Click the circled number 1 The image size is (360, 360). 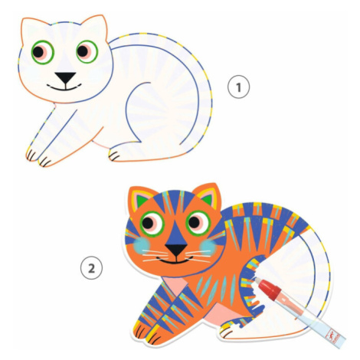[x=238, y=87]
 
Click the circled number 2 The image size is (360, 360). [x=91, y=269]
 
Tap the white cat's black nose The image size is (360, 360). [x=65, y=77]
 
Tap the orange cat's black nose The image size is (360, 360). [x=176, y=249]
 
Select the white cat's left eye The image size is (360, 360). [x=42, y=52]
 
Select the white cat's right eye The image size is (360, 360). [x=87, y=51]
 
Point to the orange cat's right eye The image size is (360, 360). [x=198, y=223]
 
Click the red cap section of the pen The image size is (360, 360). [x=270, y=290]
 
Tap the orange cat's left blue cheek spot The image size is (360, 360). [x=142, y=245]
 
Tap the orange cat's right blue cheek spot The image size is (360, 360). [x=208, y=247]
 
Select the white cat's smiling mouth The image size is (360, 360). [x=64, y=87]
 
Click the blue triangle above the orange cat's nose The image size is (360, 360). [x=176, y=234]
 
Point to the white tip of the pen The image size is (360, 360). [x=257, y=280]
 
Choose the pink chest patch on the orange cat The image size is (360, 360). [x=176, y=285]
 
